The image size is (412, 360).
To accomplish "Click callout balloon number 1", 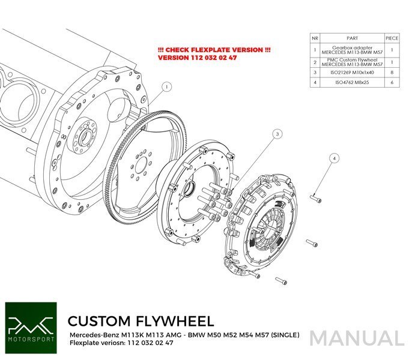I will (166, 87).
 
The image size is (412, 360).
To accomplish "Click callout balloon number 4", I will (335, 158).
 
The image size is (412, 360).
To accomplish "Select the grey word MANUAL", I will (357, 338).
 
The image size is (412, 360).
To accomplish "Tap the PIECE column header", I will (391, 37).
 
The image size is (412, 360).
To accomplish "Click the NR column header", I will (315, 37).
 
